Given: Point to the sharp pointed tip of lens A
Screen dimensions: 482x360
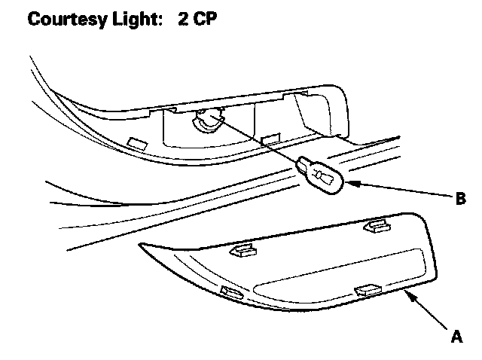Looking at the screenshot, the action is tap(141, 246).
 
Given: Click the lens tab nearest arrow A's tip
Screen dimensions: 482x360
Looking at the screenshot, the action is tap(368, 287).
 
